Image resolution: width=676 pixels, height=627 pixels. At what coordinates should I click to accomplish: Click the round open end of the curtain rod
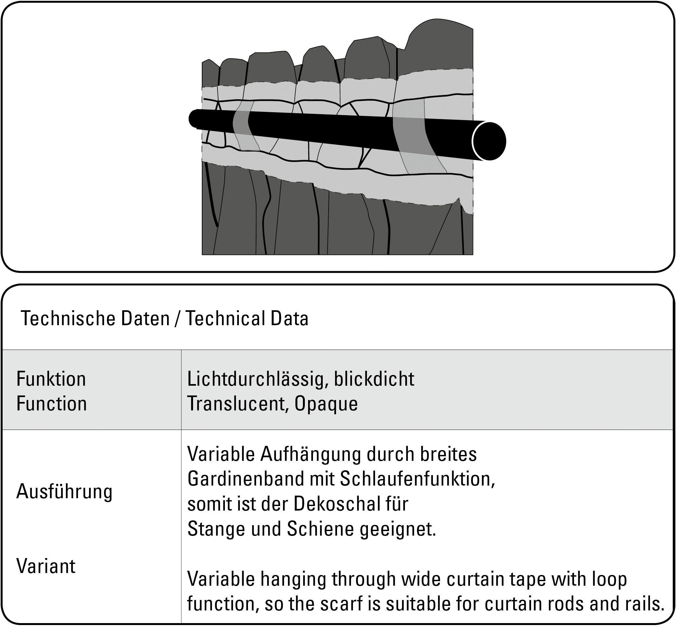click(x=489, y=141)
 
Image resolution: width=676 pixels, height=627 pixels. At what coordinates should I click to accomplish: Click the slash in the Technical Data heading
click(x=177, y=319)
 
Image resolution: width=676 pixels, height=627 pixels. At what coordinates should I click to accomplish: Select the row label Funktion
click(x=51, y=379)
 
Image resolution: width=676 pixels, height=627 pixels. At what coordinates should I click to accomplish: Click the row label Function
click(x=52, y=404)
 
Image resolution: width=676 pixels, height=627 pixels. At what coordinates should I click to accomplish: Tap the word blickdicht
click(x=374, y=379)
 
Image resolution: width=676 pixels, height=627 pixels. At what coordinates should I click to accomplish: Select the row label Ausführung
click(x=64, y=491)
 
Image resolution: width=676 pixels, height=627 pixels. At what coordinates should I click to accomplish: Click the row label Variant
click(x=46, y=566)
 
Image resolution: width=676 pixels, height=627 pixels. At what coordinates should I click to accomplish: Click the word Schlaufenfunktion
click(x=417, y=479)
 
